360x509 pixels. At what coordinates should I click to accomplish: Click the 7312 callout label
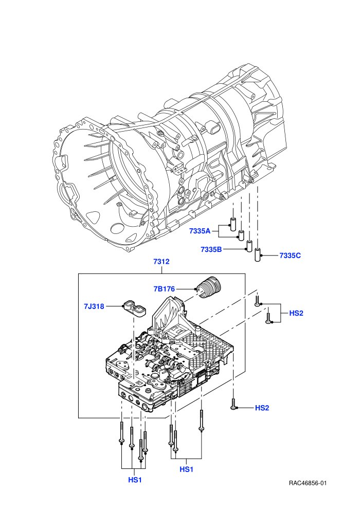pos(161,262)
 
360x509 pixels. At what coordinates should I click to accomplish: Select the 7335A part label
pos(200,231)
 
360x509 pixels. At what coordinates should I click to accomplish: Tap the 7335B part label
pos(211,249)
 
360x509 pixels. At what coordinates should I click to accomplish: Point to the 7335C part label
pos(290,256)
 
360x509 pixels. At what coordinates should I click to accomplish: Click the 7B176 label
pos(164,288)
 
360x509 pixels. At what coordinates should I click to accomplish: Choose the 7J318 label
pos(94,306)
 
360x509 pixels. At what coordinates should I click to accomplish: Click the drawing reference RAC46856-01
pos(308,483)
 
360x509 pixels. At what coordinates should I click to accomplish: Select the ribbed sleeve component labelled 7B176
pos(209,287)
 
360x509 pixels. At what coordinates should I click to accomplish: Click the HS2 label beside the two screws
pos(296,313)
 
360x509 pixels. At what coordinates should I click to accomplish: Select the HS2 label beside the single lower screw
pos(262,408)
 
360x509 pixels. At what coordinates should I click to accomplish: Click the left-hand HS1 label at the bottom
pos(135,480)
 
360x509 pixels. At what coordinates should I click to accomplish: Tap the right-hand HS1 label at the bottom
pos(186,469)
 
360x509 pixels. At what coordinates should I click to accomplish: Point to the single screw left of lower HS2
pos(233,404)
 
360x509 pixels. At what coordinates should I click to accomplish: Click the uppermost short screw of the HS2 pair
pos(257,300)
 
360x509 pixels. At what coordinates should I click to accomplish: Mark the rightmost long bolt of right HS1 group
pos(202,421)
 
